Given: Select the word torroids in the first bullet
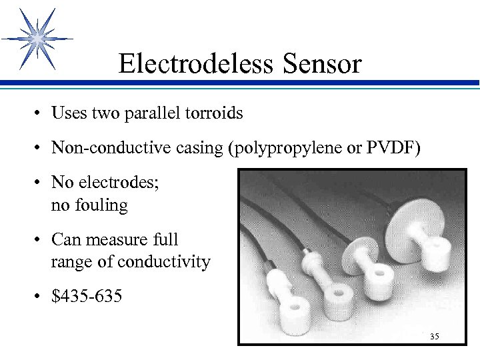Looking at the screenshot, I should click(214, 113).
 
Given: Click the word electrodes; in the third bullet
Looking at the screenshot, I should click(118, 182).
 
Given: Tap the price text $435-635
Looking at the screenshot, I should click(87, 296).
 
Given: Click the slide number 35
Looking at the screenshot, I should click(434, 337).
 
